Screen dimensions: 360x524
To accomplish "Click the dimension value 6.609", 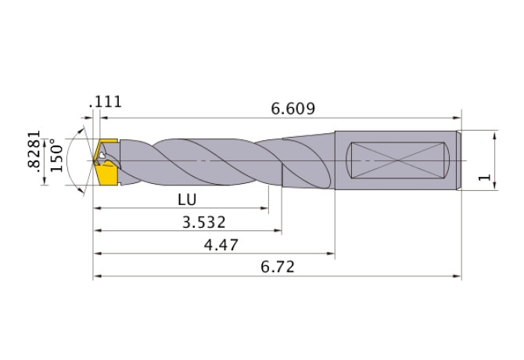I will [x=293, y=109].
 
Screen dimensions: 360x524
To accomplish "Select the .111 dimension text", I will [x=106, y=102].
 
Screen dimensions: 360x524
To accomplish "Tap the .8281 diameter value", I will [x=34, y=157].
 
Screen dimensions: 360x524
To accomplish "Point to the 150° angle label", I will [x=56, y=157].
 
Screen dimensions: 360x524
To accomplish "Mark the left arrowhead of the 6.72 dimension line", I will [x=98, y=276].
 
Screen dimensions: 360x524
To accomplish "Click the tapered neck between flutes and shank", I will [x=309, y=160].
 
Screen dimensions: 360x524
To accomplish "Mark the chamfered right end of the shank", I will [x=457, y=160].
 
